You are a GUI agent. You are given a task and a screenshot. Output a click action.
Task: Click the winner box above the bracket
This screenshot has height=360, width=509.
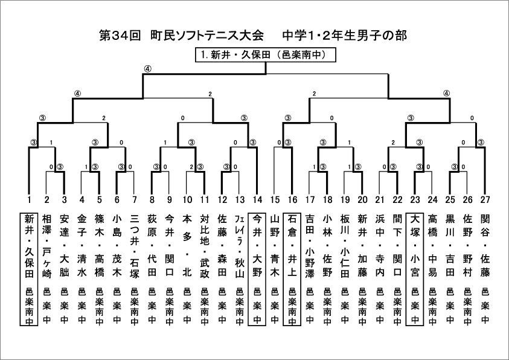(265, 55)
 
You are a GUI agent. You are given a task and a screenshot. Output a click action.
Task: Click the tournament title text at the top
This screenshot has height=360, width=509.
(253, 36)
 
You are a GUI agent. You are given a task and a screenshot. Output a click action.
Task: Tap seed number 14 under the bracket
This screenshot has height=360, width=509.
(257, 200)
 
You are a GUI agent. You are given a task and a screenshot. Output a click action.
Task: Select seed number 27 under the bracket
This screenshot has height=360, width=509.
(485, 200)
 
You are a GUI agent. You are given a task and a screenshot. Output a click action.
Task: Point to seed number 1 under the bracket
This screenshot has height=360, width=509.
(29, 200)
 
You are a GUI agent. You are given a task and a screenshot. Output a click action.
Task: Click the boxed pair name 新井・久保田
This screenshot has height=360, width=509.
(29, 246)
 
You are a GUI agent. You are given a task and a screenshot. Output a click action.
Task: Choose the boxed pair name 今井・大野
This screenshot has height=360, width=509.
(257, 246)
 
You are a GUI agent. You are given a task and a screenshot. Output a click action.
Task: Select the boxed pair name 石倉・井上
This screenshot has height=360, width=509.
(292, 246)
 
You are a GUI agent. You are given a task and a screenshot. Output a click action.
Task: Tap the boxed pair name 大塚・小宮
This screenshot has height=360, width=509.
(415, 246)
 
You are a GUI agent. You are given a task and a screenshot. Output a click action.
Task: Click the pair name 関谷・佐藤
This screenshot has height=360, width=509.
(485, 246)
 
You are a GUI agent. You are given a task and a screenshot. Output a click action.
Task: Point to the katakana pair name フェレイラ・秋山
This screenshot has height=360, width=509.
(240, 246)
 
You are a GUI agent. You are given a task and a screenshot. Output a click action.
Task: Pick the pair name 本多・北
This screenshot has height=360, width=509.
(187, 246)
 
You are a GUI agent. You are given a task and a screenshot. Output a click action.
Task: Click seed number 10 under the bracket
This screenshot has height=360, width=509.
(187, 200)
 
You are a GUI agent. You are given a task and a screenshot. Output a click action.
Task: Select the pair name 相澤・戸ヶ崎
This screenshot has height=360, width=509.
(46, 246)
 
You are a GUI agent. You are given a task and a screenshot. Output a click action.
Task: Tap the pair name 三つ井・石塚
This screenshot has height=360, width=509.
(135, 246)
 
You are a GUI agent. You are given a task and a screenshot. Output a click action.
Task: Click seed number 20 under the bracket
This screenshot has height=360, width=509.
(362, 200)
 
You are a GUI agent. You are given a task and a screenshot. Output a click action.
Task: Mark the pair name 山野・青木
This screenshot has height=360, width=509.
(275, 246)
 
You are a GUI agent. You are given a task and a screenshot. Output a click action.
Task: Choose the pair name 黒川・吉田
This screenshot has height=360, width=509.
(450, 246)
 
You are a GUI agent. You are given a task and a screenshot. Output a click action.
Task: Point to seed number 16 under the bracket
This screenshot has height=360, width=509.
(292, 200)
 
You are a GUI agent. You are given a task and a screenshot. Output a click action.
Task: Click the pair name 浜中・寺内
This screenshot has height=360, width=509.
(380, 246)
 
